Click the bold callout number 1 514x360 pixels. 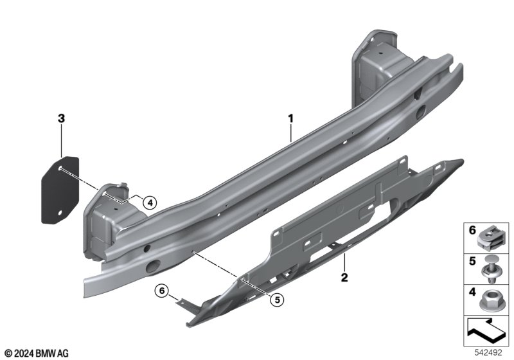290,118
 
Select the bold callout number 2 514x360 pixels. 344,277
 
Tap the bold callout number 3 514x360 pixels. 61,118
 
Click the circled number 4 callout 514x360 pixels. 150,203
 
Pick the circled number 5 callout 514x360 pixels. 278,300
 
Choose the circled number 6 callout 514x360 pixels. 162,291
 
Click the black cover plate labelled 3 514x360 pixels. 60,190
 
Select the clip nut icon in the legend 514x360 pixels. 488,239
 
